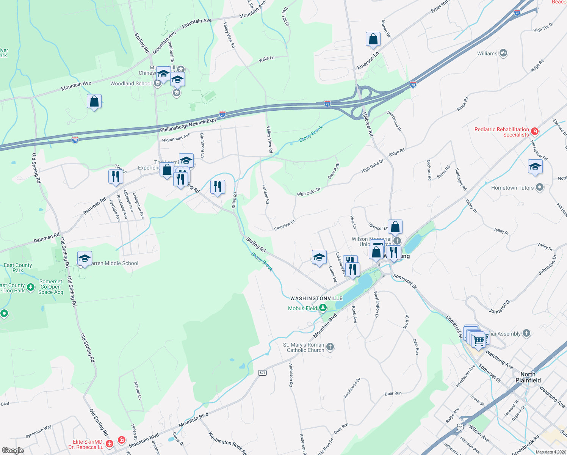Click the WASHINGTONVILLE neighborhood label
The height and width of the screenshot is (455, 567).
click(x=316, y=298)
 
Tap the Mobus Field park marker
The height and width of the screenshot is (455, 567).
click(x=323, y=308)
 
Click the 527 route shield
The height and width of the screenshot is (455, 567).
click(x=262, y=373)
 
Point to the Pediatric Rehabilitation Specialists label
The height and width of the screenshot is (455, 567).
click(x=501, y=132)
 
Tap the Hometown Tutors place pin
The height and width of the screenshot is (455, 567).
click(x=540, y=187)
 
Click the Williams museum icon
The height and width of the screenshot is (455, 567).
click(x=503, y=53)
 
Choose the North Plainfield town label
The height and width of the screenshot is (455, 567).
click(x=528, y=377)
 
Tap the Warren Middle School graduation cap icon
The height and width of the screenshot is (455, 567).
click(x=84, y=259)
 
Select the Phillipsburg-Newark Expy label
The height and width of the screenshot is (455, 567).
click(x=188, y=125)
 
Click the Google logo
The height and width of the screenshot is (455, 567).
click(x=13, y=450)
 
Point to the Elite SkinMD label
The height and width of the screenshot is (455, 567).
click(x=88, y=444)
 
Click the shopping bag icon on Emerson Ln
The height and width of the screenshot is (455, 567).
click(x=373, y=39)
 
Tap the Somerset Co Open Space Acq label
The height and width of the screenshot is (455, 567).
click(x=51, y=287)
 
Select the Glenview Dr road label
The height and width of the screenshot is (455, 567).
click(x=284, y=225)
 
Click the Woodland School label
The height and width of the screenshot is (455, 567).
click(x=131, y=83)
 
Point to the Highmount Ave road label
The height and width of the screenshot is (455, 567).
click(x=176, y=138)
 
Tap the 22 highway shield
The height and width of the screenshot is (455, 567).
click(x=460, y=427)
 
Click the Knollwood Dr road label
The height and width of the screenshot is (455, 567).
click(x=352, y=388)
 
